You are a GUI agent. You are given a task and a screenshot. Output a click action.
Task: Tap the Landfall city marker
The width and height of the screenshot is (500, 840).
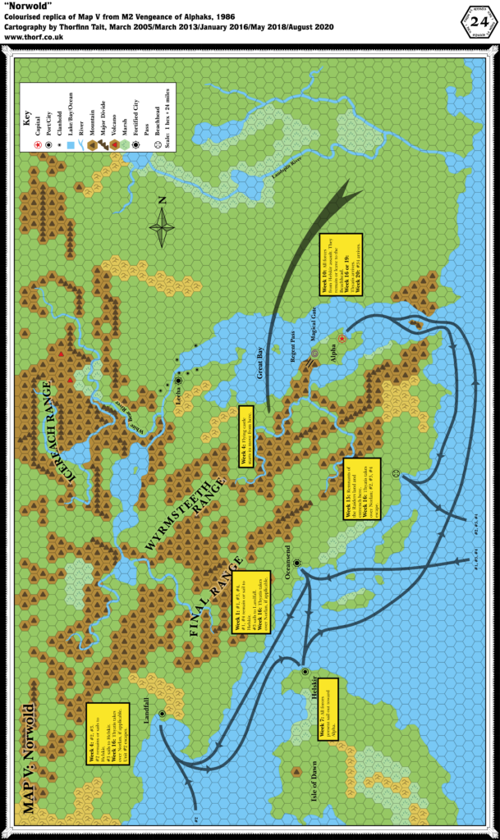(163, 714)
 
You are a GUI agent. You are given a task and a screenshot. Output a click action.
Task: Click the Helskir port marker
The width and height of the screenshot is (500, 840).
(305, 671)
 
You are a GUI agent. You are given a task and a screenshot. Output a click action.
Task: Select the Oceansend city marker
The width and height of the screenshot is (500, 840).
(297, 564)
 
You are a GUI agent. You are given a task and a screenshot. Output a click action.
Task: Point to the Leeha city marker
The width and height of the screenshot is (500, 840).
(178, 380)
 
